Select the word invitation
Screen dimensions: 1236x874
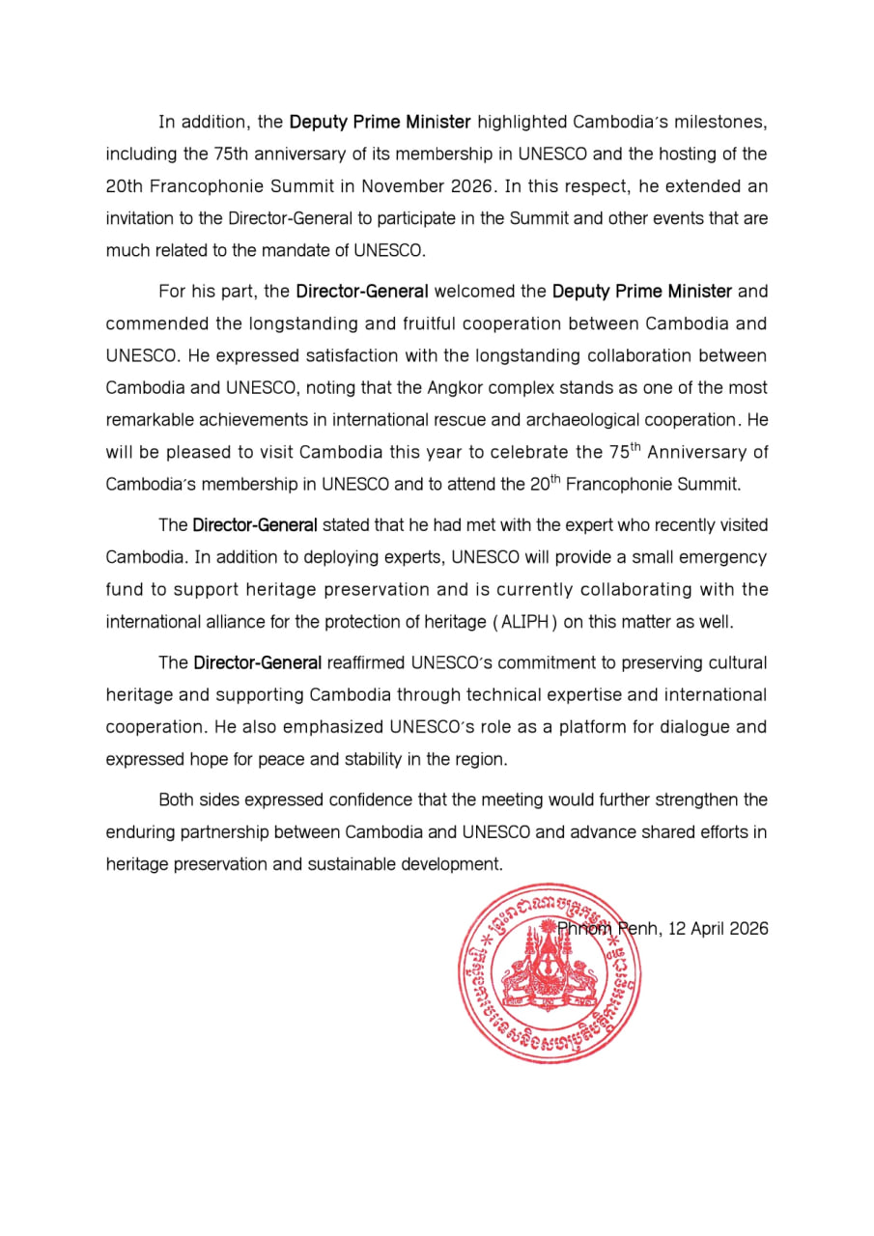140,218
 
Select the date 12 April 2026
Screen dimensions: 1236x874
718,929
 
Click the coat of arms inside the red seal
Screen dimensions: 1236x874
548,970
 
